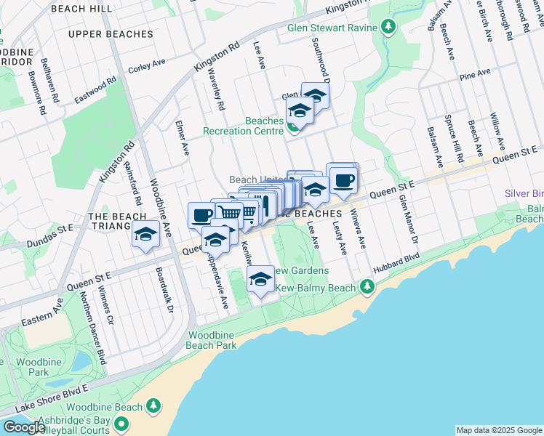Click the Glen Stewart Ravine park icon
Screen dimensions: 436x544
tap(388, 28)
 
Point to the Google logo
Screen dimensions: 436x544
tap(24, 427)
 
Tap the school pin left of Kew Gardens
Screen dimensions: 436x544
tap(260, 280)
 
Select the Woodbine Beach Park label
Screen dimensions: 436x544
tap(212, 340)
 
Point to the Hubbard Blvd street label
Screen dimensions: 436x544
tap(397, 263)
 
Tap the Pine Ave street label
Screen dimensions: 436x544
tap(475, 73)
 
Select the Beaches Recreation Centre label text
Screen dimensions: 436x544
tap(243, 126)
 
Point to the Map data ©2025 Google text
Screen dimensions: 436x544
tap(499, 430)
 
